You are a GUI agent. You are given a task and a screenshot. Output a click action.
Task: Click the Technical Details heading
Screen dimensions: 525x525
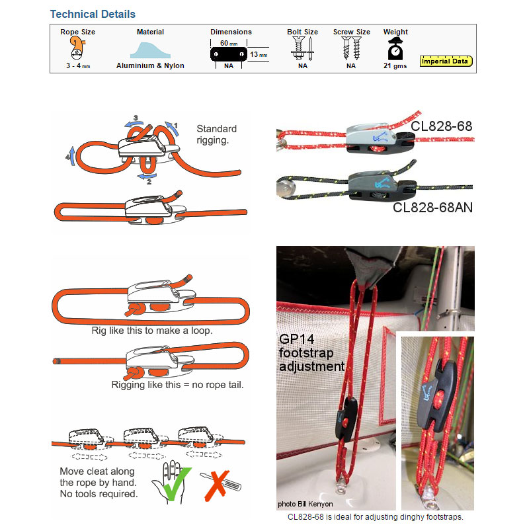click(x=93, y=14)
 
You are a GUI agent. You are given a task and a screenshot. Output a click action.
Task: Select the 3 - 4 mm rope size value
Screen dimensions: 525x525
click(x=78, y=65)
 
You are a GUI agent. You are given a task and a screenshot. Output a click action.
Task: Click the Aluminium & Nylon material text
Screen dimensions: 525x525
click(x=150, y=65)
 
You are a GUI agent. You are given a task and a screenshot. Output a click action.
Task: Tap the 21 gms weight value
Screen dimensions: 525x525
click(x=395, y=65)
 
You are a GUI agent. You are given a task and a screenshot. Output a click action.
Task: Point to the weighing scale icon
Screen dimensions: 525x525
click(x=395, y=48)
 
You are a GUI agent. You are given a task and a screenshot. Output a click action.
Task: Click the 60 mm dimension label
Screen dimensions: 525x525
click(x=229, y=43)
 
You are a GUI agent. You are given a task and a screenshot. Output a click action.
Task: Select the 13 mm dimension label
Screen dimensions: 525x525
click(x=259, y=54)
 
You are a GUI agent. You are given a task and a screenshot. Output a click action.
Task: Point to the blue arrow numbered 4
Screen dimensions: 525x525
click(x=71, y=155)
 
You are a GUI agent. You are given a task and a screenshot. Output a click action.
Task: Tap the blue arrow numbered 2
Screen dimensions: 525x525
click(x=147, y=177)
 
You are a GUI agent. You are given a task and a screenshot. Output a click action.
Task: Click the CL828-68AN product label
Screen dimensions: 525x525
click(x=432, y=208)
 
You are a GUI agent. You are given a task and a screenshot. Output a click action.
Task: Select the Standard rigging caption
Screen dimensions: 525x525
click(x=217, y=134)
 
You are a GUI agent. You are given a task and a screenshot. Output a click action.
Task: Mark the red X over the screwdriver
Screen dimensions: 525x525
click(x=218, y=485)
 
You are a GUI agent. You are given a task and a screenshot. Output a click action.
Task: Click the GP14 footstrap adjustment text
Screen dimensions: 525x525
click(x=311, y=352)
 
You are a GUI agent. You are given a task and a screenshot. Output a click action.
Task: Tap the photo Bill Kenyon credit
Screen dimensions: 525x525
click(x=305, y=504)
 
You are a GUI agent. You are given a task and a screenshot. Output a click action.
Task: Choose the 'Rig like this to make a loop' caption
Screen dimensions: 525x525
click(x=152, y=331)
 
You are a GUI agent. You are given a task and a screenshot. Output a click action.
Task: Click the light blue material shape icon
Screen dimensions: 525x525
click(x=150, y=50)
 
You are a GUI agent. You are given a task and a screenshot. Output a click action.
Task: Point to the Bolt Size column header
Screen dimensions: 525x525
click(x=302, y=32)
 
